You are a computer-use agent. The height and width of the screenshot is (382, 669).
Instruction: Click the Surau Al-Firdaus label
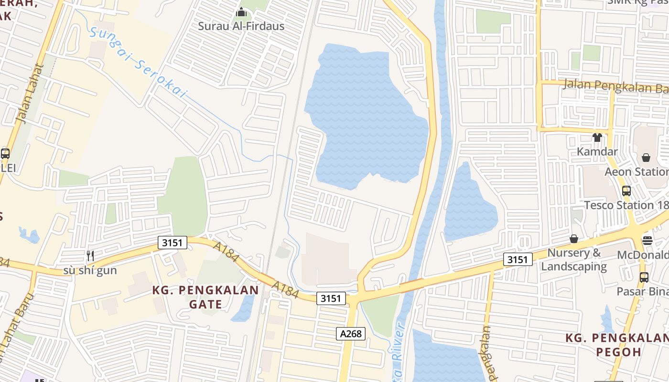241,26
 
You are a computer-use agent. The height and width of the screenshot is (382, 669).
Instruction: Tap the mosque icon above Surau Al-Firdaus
241,12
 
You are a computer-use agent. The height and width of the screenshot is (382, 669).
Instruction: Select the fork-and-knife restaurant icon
90,256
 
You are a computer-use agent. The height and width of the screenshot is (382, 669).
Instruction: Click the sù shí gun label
90,271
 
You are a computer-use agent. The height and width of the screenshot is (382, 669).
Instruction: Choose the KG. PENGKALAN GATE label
205,297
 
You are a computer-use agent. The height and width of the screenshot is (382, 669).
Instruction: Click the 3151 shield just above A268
331,298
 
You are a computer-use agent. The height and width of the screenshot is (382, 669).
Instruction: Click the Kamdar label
597,151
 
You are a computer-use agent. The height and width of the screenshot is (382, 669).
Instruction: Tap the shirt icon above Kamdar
597,138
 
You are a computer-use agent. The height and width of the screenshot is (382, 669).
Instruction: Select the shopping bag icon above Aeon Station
646,158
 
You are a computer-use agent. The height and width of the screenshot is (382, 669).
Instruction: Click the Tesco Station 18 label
626,205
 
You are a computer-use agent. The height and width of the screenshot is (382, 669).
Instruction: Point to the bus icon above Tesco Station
626,191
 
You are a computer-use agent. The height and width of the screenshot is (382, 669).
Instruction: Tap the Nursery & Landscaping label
574,259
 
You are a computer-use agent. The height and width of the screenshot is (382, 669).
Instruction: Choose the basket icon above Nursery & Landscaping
574,238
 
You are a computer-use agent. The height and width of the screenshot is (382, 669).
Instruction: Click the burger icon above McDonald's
647,240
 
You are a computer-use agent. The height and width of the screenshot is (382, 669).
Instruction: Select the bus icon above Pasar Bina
644,277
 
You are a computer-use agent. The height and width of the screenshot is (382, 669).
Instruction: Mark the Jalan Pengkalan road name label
615,87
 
